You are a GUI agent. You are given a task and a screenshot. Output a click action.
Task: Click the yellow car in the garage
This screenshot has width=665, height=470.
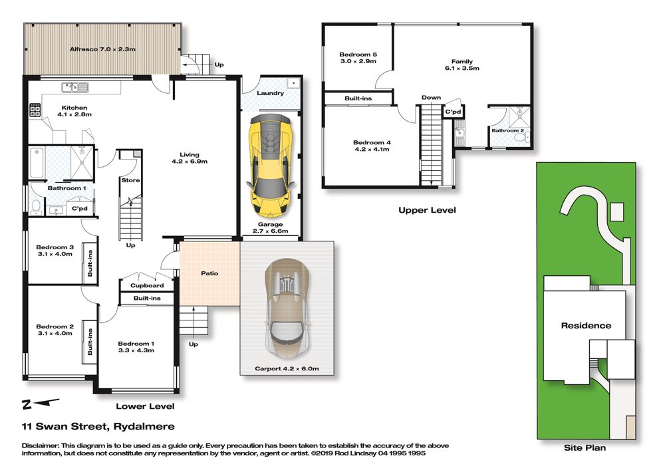[271, 166]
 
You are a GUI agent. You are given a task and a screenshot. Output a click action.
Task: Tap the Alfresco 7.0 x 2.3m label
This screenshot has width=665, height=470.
[102, 49]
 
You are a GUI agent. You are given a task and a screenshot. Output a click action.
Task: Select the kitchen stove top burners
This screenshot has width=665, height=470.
[35, 110]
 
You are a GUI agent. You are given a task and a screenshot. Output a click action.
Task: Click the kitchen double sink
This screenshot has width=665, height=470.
[75, 87]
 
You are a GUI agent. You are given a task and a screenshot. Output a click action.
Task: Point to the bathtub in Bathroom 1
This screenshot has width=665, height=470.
[37, 162]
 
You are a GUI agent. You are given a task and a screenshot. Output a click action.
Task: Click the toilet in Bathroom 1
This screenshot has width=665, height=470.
[37, 207]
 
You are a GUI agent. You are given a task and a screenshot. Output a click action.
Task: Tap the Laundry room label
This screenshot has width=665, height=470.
[270, 93]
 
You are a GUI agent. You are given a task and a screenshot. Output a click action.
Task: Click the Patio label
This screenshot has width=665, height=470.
[209, 273]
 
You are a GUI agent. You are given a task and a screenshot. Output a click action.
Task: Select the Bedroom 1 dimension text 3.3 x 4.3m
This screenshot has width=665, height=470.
[136, 350]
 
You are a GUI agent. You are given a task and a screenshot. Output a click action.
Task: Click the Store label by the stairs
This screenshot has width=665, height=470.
[130, 180]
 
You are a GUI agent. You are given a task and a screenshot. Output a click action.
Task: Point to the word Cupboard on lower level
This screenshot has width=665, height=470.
[147, 285]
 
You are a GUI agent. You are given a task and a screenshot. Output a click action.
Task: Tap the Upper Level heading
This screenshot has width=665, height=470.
[427, 210]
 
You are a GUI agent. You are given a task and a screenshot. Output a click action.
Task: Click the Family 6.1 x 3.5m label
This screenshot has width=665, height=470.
[462, 65]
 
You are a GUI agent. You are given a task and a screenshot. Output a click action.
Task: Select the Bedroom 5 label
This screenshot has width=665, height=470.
[358, 55]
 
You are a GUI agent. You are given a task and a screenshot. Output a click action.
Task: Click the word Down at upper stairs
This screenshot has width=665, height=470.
[431, 98]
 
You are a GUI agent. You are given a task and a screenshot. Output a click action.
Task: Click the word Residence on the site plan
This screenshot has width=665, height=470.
[586, 326]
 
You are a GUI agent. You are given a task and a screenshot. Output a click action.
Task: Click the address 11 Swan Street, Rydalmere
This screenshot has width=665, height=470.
[98, 426]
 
